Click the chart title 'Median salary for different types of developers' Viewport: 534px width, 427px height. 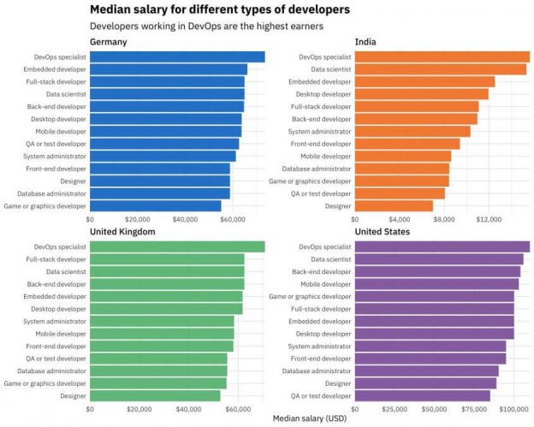click(220, 9)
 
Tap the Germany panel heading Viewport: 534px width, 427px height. click(109, 42)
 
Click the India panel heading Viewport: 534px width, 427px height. click(365, 42)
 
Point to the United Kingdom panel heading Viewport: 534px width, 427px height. click(122, 232)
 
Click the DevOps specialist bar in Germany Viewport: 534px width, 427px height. click(177, 57)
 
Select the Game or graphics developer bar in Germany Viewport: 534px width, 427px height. click(155, 206)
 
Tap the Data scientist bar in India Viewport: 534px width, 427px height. click(441, 69)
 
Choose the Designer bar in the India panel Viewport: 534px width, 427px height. click(394, 206)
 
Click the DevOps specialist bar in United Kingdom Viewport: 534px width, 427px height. click(177, 247)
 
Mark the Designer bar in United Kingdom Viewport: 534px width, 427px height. click(155, 396)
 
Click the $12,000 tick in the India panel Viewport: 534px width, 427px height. click(488, 220)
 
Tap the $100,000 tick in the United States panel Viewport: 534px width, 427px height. click(513, 410)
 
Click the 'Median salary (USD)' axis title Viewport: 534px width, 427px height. click(310, 419)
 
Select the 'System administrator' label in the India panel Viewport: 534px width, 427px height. click(320, 132)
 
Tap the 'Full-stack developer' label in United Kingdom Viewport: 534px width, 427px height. click(56, 259)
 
